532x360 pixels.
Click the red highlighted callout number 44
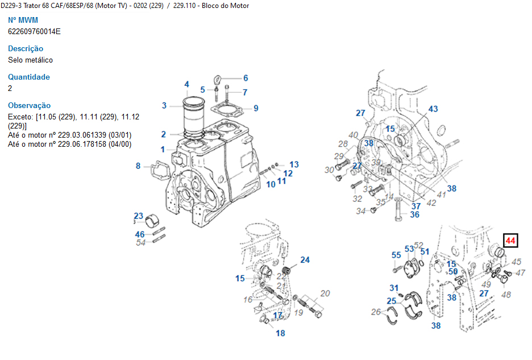click(x=510, y=241)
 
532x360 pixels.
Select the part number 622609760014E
click(x=34, y=31)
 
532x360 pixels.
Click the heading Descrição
click(x=26, y=49)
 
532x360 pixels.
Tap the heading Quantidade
click(x=29, y=77)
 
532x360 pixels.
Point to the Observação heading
click(x=29, y=106)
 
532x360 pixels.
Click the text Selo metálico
click(x=31, y=60)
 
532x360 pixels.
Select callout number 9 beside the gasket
click(x=256, y=108)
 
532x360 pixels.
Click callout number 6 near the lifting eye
click(x=246, y=78)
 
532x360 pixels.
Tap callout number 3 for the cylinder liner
click(x=164, y=105)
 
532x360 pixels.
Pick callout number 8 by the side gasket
click(x=138, y=166)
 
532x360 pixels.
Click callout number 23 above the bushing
click(x=139, y=216)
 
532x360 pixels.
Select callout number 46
click(x=140, y=234)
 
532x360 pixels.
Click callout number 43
click(x=433, y=109)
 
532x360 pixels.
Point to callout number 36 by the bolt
click(x=414, y=214)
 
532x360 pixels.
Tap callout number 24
click(x=305, y=260)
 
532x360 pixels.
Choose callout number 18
click(x=280, y=333)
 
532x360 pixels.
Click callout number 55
click(x=396, y=255)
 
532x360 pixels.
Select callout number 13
click(x=294, y=164)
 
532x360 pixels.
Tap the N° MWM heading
click(x=23, y=20)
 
